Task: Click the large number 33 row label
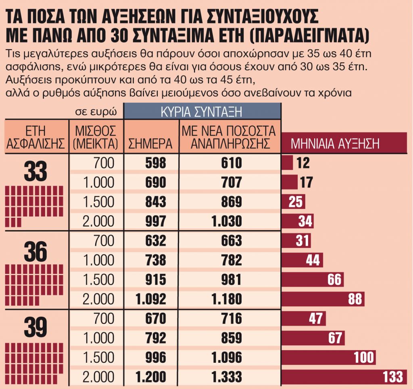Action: coord(35,172)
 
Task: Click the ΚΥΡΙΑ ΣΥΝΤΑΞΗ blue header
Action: coord(202,111)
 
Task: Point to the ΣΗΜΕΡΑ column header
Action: coord(150,144)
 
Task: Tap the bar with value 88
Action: coord(323,299)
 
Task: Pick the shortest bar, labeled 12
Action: coord(287,163)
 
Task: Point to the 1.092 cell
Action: coord(151,299)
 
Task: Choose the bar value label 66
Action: coord(334,280)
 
